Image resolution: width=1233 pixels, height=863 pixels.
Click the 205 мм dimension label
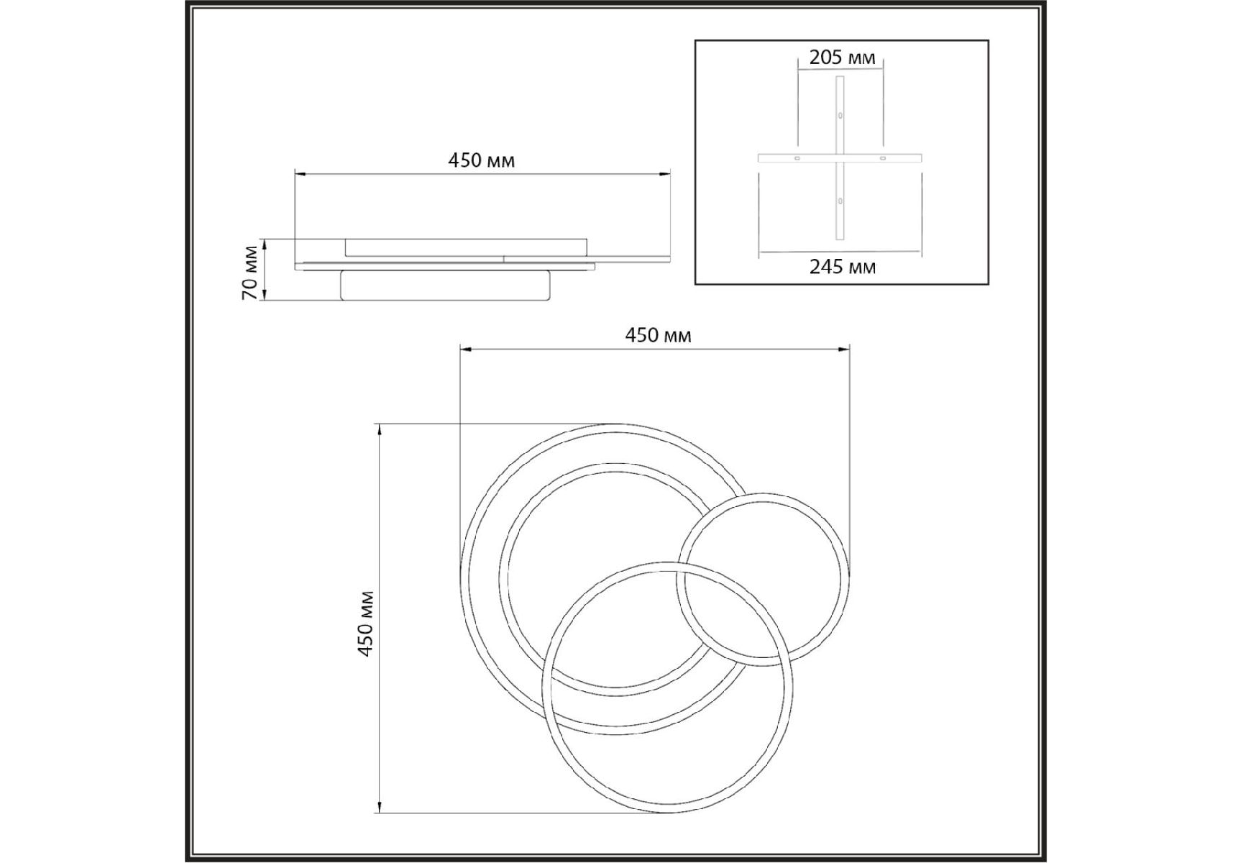click(842, 58)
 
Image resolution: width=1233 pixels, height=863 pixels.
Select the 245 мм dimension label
click(842, 268)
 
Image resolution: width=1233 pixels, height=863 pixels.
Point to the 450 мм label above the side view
click(482, 160)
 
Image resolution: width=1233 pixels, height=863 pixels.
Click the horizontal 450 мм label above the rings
click(658, 335)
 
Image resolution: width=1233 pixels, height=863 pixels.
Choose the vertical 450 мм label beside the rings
click(366, 624)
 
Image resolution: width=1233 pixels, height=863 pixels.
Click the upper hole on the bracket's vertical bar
click(840, 115)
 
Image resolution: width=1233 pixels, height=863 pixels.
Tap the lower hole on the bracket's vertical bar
click(840, 201)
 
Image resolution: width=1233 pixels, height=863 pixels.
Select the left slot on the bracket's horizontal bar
click(797, 158)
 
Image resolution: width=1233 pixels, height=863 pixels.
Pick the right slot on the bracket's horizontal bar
click(882, 158)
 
